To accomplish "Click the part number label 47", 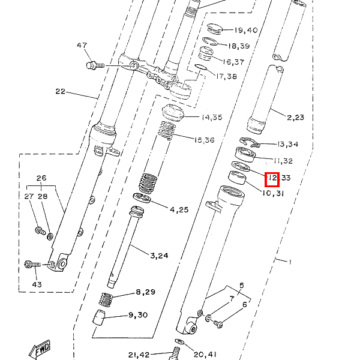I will point(82,46).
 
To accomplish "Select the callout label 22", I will point(60,91).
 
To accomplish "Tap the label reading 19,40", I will point(245,30).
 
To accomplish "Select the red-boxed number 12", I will point(271,178).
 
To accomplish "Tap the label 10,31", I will point(273,193).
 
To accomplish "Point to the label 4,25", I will point(179,209).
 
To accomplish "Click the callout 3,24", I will point(159,255).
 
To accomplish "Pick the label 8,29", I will point(145,292).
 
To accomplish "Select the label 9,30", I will point(138,315).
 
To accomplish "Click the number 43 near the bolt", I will point(37,284).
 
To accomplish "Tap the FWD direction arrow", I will point(41,349).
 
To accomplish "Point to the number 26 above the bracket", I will point(41,178).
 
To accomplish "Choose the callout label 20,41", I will point(204,354).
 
